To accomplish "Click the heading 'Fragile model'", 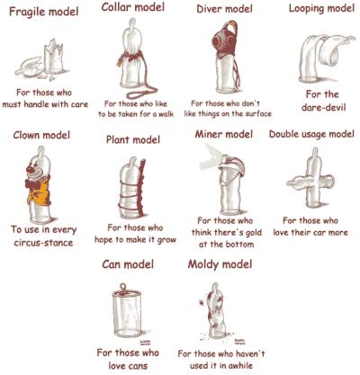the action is pos(44,12).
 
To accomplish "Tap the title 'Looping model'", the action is pos(321,9).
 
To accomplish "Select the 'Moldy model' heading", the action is pos(220,264).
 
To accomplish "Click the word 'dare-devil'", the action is pos(324,107).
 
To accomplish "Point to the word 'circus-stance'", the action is pos(43,242).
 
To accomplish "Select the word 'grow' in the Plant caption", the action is pos(165,240).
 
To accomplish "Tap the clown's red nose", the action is pos(31,169).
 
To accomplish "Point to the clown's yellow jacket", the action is pos(40,192).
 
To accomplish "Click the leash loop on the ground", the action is pos(141,92).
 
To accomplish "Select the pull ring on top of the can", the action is pos(122,286).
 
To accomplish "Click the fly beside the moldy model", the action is pos(202,303).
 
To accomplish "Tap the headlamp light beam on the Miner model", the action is pos(212,156).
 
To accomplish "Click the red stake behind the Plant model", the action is pos(141,186).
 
